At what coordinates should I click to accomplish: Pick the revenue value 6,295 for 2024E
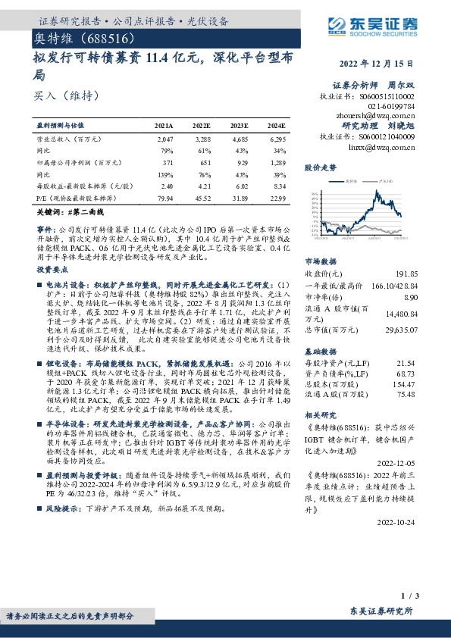click(x=277, y=140)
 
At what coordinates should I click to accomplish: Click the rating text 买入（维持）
click(x=57, y=95)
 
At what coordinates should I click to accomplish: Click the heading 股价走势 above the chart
click(x=318, y=166)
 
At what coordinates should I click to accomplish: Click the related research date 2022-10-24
click(x=396, y=522)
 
